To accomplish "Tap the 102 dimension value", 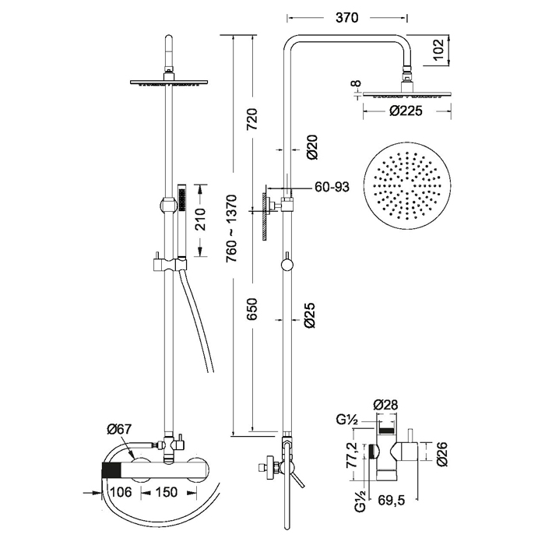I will coord(439,51).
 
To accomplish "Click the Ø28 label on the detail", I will coord(386,406).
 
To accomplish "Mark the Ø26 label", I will coord(442,454).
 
